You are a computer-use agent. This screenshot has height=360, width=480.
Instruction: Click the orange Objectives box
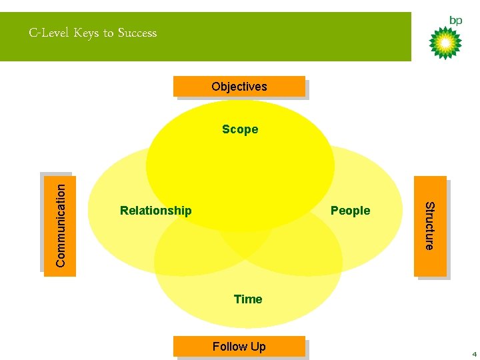239,87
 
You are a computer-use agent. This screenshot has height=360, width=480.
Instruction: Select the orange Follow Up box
239,347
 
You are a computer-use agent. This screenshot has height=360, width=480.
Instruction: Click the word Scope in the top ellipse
240,129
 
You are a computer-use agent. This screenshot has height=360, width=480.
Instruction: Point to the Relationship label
155,211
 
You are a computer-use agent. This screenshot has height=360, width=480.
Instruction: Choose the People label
350,211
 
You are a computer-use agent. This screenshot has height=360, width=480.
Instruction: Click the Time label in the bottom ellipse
248,299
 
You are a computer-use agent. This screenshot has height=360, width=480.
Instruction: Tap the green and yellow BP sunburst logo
445,43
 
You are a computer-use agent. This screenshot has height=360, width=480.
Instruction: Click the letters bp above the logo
455,21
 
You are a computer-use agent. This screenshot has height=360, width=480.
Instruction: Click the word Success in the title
137,33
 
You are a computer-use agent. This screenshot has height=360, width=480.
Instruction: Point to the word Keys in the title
86,33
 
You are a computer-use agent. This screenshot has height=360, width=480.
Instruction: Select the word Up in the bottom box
258,347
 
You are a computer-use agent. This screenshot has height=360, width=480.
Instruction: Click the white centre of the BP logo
445,43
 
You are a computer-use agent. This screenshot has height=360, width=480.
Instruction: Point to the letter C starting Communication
61,262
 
